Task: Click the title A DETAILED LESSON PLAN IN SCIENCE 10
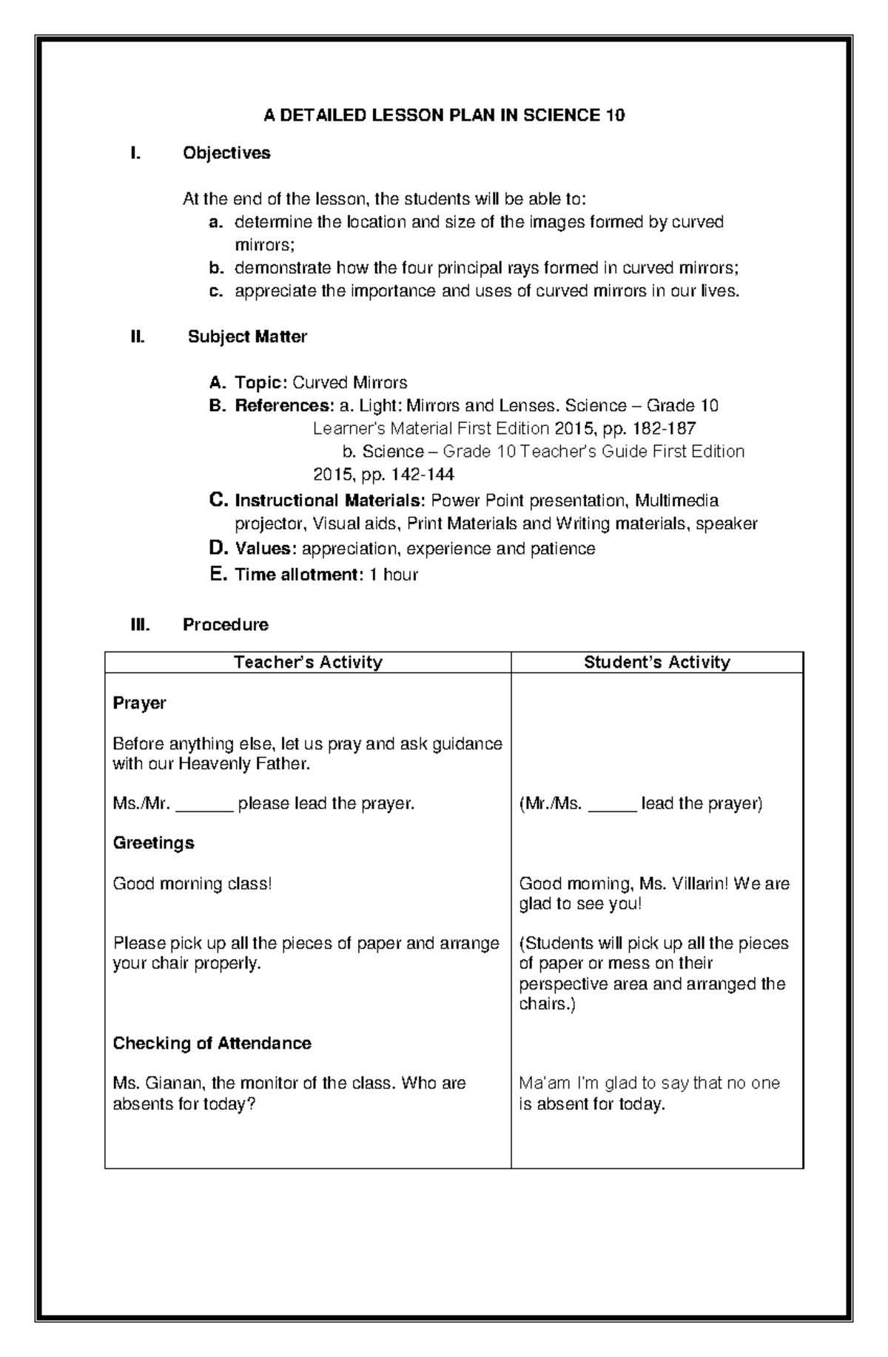444,115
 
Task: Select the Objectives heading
226,153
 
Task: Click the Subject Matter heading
247,336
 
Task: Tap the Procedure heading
225,624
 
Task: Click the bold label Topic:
261,382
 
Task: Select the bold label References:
284,405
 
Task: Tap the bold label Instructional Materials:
330,501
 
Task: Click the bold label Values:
266,549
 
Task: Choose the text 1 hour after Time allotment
394,575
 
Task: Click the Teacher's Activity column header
308,662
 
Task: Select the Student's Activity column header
656,662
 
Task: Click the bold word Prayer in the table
139,703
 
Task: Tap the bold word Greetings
153,843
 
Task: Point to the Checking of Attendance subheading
212,1043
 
